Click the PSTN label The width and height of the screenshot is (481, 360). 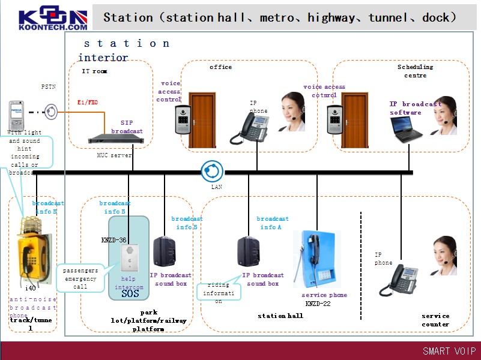click(49, 87)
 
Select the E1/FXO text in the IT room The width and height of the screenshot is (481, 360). click(88, 103)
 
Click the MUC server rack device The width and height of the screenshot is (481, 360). click(113, 139)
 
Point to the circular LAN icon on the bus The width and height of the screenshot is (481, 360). click(211, 171)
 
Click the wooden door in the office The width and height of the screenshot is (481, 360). click(202, 120)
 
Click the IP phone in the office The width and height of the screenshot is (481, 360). click(250, 127)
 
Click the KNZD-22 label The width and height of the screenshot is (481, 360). click(318, 304)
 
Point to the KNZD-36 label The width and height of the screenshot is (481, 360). click(113, 240)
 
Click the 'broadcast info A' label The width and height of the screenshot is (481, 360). click(273, 223)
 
